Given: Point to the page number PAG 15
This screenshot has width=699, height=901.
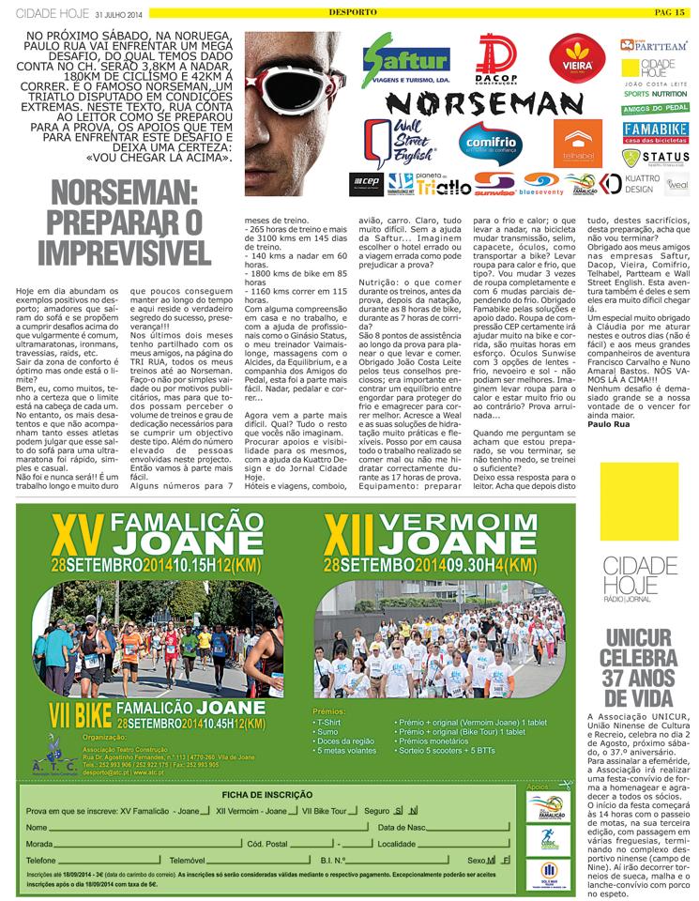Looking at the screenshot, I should click(x=670, y=10).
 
